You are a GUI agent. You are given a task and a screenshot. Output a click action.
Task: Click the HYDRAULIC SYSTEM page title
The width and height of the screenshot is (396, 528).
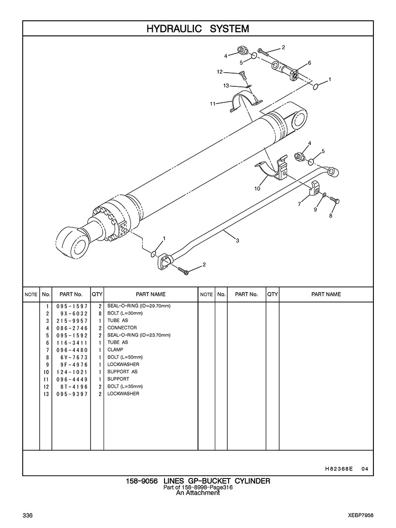coord(198,29)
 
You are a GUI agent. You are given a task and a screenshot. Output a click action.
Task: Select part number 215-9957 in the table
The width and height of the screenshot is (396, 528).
coord(72,320)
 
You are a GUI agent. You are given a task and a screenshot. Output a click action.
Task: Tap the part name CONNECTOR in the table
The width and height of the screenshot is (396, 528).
coord(122,327)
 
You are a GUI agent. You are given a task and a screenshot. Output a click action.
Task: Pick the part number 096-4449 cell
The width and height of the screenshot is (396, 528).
coord(72,379)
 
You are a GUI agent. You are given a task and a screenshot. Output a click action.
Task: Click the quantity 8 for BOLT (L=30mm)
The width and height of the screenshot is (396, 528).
coord(100,313)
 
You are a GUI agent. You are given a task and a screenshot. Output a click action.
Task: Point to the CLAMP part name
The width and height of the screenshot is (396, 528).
coord(115,350)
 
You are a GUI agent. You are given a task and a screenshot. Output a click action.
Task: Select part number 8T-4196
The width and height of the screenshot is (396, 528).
coord(72,386)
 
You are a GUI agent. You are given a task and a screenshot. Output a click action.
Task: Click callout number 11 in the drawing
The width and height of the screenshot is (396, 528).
coord(213,103)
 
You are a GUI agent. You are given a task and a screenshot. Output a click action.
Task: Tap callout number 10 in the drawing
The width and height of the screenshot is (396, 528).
coord(257,189)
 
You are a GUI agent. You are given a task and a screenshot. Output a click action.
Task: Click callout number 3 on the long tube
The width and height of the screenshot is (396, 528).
coord(238,241)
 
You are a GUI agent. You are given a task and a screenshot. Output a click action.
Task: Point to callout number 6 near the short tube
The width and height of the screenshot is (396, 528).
coord(309,63)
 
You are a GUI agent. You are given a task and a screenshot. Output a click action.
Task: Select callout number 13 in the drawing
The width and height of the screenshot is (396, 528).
coord(226,85)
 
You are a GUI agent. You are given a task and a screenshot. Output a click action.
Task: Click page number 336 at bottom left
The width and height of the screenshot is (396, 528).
coord(27,514)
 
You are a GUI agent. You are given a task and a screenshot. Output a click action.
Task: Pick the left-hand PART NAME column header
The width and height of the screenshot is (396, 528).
coord(151,294)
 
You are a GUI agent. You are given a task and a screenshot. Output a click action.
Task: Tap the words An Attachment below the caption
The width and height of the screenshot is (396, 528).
coord(198,493)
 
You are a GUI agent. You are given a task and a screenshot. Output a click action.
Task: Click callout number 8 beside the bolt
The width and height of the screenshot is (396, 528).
coord(331,215)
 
